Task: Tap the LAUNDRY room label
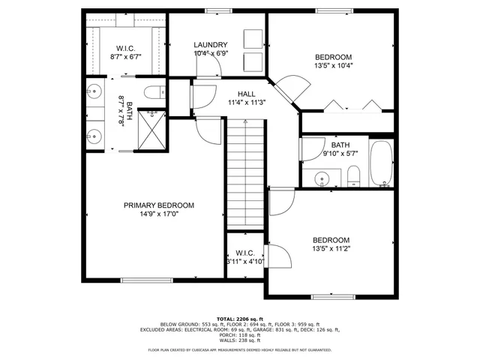coord(210,45)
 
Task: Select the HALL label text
coord(247,94)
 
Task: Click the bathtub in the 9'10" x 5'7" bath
coord(382,163)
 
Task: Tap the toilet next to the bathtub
coord(353,177)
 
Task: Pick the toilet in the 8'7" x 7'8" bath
coord(154,94)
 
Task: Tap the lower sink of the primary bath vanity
coord(94,136)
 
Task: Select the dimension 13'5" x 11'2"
coord(331,248)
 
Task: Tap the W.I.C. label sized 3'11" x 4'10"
coord(245,257)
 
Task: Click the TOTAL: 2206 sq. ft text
coord(239,319)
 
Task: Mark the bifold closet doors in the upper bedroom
coord(357,106)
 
